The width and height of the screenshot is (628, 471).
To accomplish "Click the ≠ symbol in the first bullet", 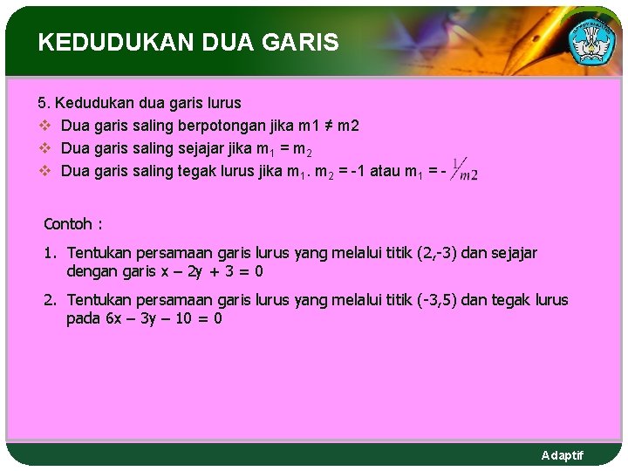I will pyautogui.click(x=323, y=126).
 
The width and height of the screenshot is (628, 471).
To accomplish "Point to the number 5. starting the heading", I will pyautogui.click(x=44, y=103).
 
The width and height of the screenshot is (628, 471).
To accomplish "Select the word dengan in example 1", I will pyautogui.click(x=92, y=271).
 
